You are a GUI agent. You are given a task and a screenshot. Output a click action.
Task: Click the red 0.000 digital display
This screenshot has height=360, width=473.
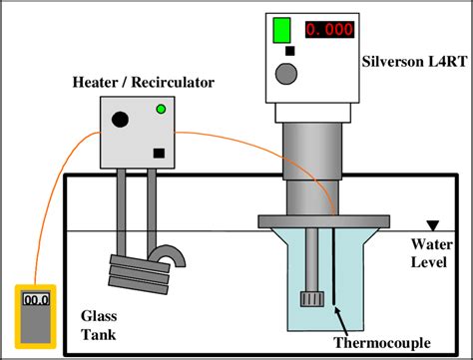328,29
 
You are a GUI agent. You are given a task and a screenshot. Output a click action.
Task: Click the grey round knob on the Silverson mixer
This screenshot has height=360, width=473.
287,73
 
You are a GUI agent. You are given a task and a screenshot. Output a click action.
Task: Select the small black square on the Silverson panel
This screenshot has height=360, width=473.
290,50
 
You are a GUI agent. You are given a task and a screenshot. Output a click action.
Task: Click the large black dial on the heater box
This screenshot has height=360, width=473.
120,120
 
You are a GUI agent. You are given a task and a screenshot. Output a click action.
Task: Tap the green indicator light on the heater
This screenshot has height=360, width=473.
160,110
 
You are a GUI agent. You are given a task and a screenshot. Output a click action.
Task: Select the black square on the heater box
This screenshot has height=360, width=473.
158,153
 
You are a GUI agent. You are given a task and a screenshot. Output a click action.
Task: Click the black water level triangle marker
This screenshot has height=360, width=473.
431,226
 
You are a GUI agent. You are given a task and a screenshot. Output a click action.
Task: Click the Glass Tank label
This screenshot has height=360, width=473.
100,324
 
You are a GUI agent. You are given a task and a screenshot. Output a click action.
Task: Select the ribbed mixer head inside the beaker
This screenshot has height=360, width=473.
309,298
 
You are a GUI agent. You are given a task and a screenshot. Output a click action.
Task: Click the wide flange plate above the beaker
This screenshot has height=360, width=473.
317,217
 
